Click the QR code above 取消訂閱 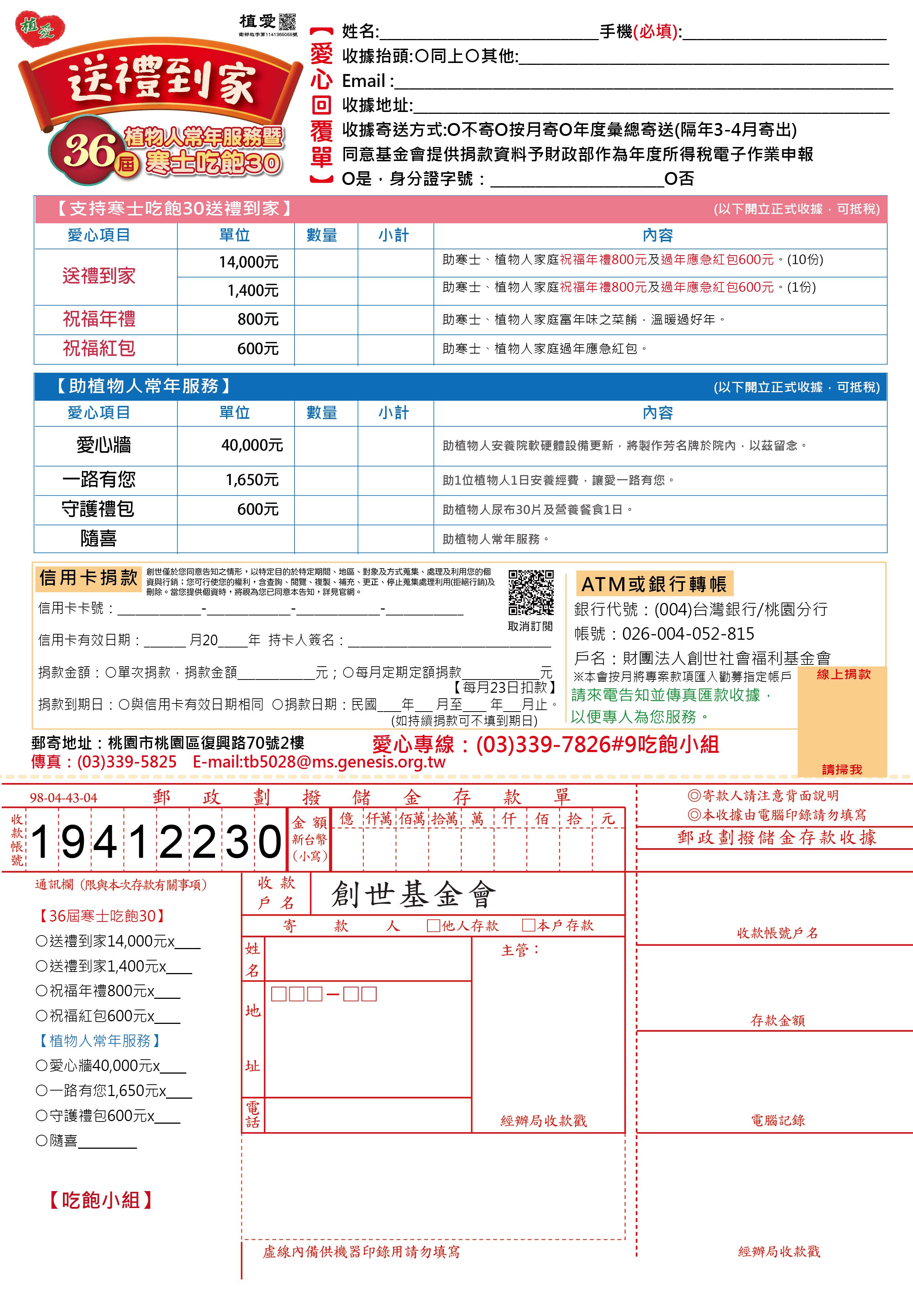[x=530, y=593]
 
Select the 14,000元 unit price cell [x=248, y=262]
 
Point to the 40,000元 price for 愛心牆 [x=251, y=446]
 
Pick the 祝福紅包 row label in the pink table [x=99, y=348]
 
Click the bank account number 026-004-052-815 [x=687, y=634]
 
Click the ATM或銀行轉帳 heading [x=654, y=584]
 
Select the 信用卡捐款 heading [x=88, y=578]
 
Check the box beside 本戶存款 [x=528, y=926]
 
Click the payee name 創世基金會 [x=413, y=895]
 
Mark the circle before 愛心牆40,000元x [x=41, y=1066]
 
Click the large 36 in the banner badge [x=88, y=151]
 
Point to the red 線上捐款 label [x=843, y=674]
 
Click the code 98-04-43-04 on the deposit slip [x=64, y=798]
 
